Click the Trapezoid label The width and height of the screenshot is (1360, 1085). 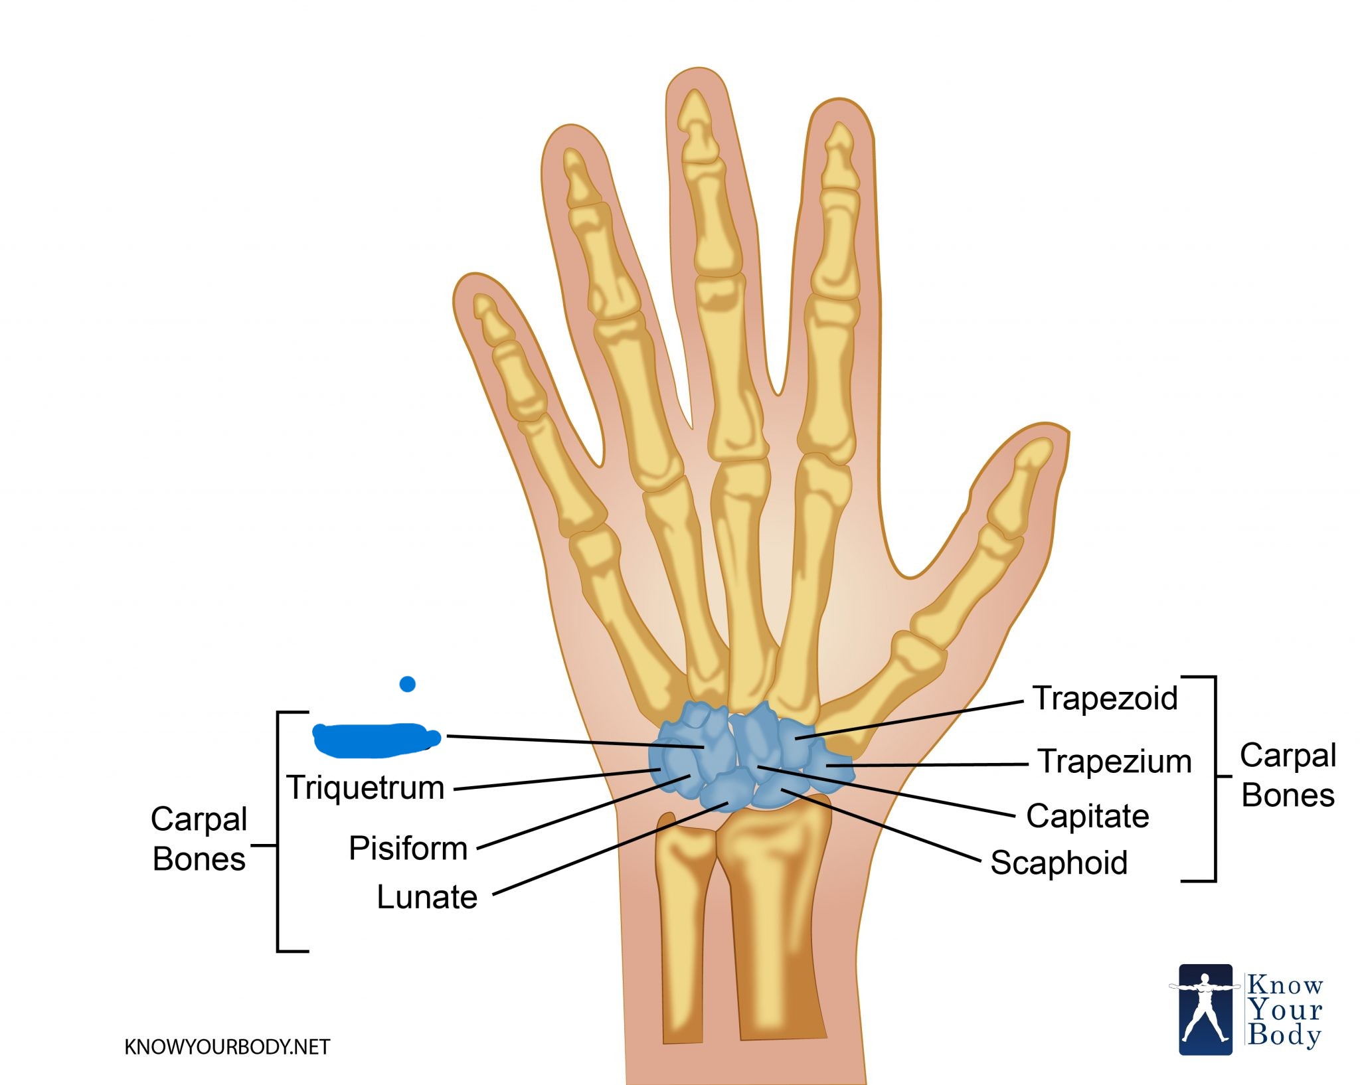[1105, 699]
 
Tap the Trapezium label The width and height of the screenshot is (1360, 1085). [1115, 762]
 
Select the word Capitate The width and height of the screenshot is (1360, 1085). [1088, 816]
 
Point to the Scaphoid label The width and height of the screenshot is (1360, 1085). [1059, 863]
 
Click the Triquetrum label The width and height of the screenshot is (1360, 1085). [365, 788]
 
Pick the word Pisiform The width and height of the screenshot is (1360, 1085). [408, 848]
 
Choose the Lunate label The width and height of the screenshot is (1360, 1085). [427, 897]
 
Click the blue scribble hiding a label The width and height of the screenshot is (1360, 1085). [375, 740]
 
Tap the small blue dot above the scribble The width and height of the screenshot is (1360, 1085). [407, 684]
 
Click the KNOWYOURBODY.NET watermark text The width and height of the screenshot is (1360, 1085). [227, 1047]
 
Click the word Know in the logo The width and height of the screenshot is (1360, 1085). [1284, 985]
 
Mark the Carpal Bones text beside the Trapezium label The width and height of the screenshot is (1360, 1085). [1288, 776]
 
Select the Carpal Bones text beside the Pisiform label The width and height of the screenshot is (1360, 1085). [199, 839]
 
